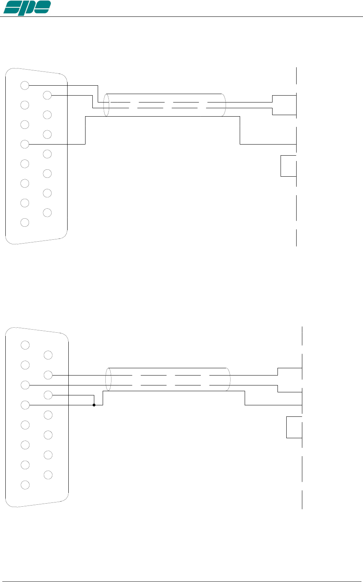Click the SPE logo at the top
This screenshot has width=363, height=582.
coord(27,7)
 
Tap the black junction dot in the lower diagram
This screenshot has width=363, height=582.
coord(94,405)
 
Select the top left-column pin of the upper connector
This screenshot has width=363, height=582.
coord(25,85)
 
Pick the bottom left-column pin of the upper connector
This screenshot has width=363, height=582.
coord(25,222)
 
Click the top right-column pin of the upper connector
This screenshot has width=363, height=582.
coord(47,95)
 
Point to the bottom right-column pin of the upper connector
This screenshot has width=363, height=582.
coord(47,212)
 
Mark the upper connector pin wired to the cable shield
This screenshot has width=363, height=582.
coord(25,144)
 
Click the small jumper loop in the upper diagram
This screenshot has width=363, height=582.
coord(288,166)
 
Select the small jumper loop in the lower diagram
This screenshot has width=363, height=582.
coord(294,427)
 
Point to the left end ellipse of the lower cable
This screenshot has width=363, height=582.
coord(108,379)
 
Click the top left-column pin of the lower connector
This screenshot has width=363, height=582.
coord(25,345)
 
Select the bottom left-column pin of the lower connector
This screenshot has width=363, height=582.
coord(25,485)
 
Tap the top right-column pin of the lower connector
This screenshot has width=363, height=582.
coord(48,355)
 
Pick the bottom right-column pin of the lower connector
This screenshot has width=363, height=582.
coord(48,475)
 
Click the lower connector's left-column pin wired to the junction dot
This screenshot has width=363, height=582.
coord(25,405)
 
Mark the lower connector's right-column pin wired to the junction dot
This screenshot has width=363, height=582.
coord(48,395)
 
